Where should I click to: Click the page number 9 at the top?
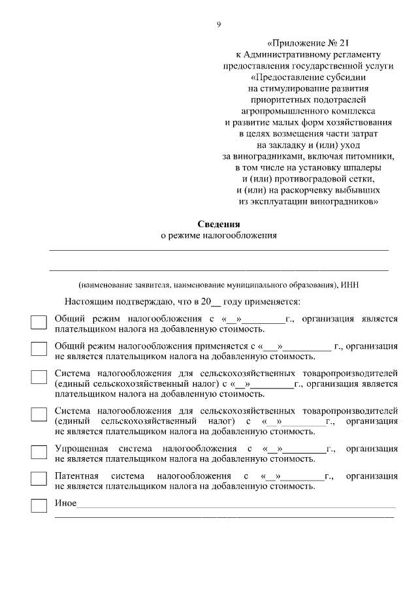pyautogui.click(x=219, y=25)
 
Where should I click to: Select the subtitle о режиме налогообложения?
pyautogui.click(x=219, y=236)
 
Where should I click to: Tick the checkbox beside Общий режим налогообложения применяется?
pyautogui.click(x=39, y=350)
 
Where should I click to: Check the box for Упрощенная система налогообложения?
pyautogui.click(x=39, y=453)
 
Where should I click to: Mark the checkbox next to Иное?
pyautogui.click(x=39, y=505)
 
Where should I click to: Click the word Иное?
pyautogui.click(x=65, y=503)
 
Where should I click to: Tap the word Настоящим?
pyautogui.click(x=88, y=302)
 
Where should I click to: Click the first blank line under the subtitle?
pyautogui.click(x=219, y=249)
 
